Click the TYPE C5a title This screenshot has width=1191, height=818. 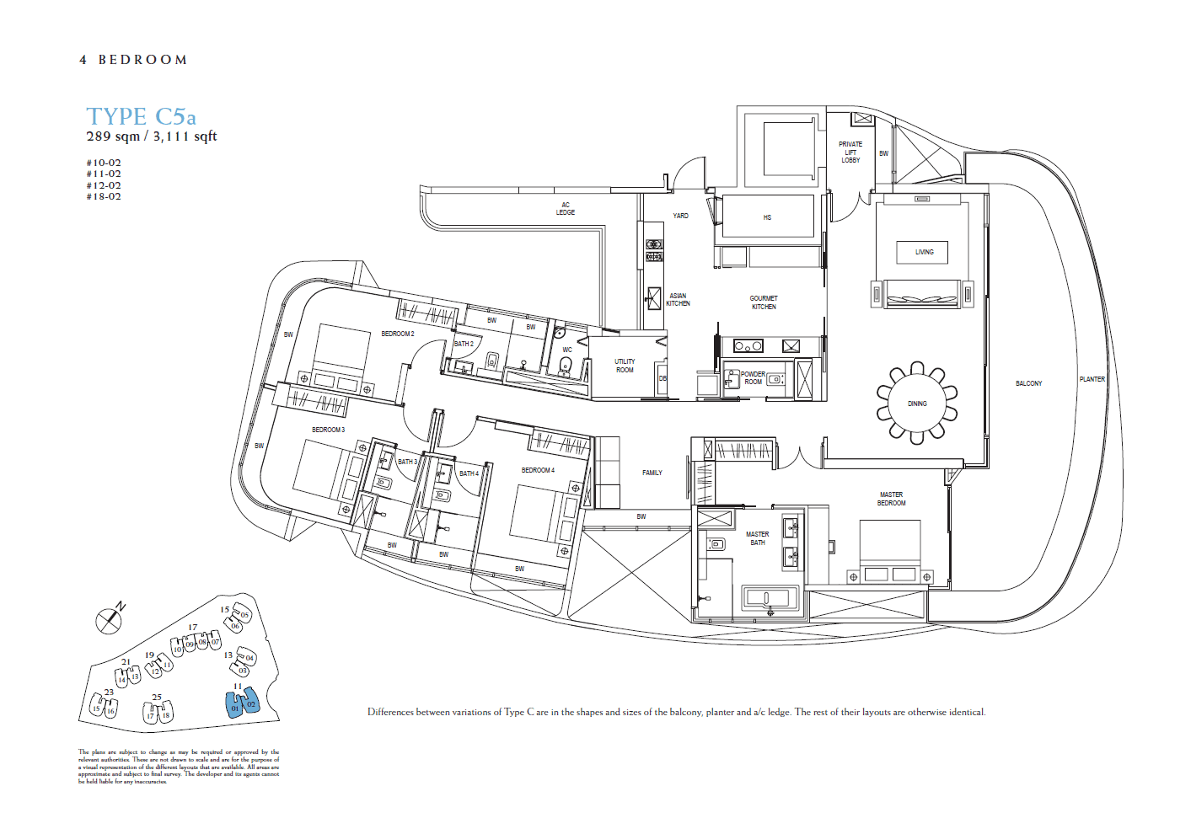tap(141, 116)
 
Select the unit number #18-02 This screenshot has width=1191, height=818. tap(104, 197)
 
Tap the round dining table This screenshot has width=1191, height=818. tap(917, 404)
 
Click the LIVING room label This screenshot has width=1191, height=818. tap(924, 252)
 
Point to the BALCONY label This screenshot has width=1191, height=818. tap(1028, 383)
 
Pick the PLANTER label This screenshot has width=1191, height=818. tap(1092, 379)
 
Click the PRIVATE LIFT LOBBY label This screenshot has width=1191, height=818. tap(850, 152)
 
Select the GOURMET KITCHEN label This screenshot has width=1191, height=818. tap(764, 302)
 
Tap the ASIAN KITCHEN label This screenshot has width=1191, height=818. tap(678, 299)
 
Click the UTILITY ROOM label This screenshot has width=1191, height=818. tap(625, 366)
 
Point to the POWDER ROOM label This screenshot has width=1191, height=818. tap(753, 378)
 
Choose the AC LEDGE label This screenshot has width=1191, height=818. tap(565, 209)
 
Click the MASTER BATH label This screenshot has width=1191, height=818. tap(757, 538)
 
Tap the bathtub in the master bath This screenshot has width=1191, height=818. tap(769, 598)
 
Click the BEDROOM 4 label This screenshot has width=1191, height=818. tap(538, 470)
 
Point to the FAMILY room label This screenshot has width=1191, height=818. tap(652, 473)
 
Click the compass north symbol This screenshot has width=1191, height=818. tap(109, 621)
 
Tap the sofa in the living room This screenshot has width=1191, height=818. tap(921, 295)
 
